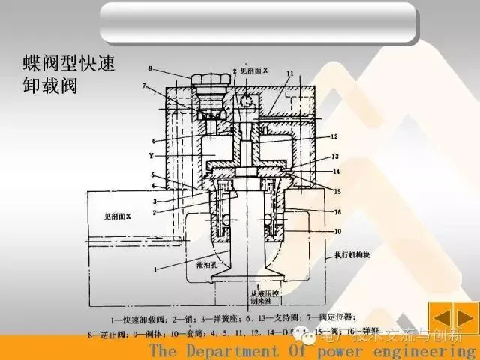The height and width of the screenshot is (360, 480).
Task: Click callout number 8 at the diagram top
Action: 151,69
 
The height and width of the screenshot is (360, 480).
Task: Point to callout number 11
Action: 290,73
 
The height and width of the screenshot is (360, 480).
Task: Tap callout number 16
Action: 337,212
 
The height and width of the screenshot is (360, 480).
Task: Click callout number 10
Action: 337,231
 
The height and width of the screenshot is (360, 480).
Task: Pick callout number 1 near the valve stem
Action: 156,268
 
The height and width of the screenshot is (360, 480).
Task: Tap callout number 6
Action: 152,140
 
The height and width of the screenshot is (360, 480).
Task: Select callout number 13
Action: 335,157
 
